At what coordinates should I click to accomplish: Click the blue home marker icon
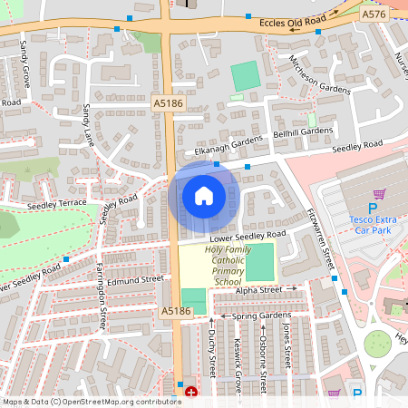[x=204, y=196]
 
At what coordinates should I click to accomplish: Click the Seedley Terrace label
[x=56, y=205]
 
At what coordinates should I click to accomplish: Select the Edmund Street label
[x=134, y=280]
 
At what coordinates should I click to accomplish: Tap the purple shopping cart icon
[x=379, y=193]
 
